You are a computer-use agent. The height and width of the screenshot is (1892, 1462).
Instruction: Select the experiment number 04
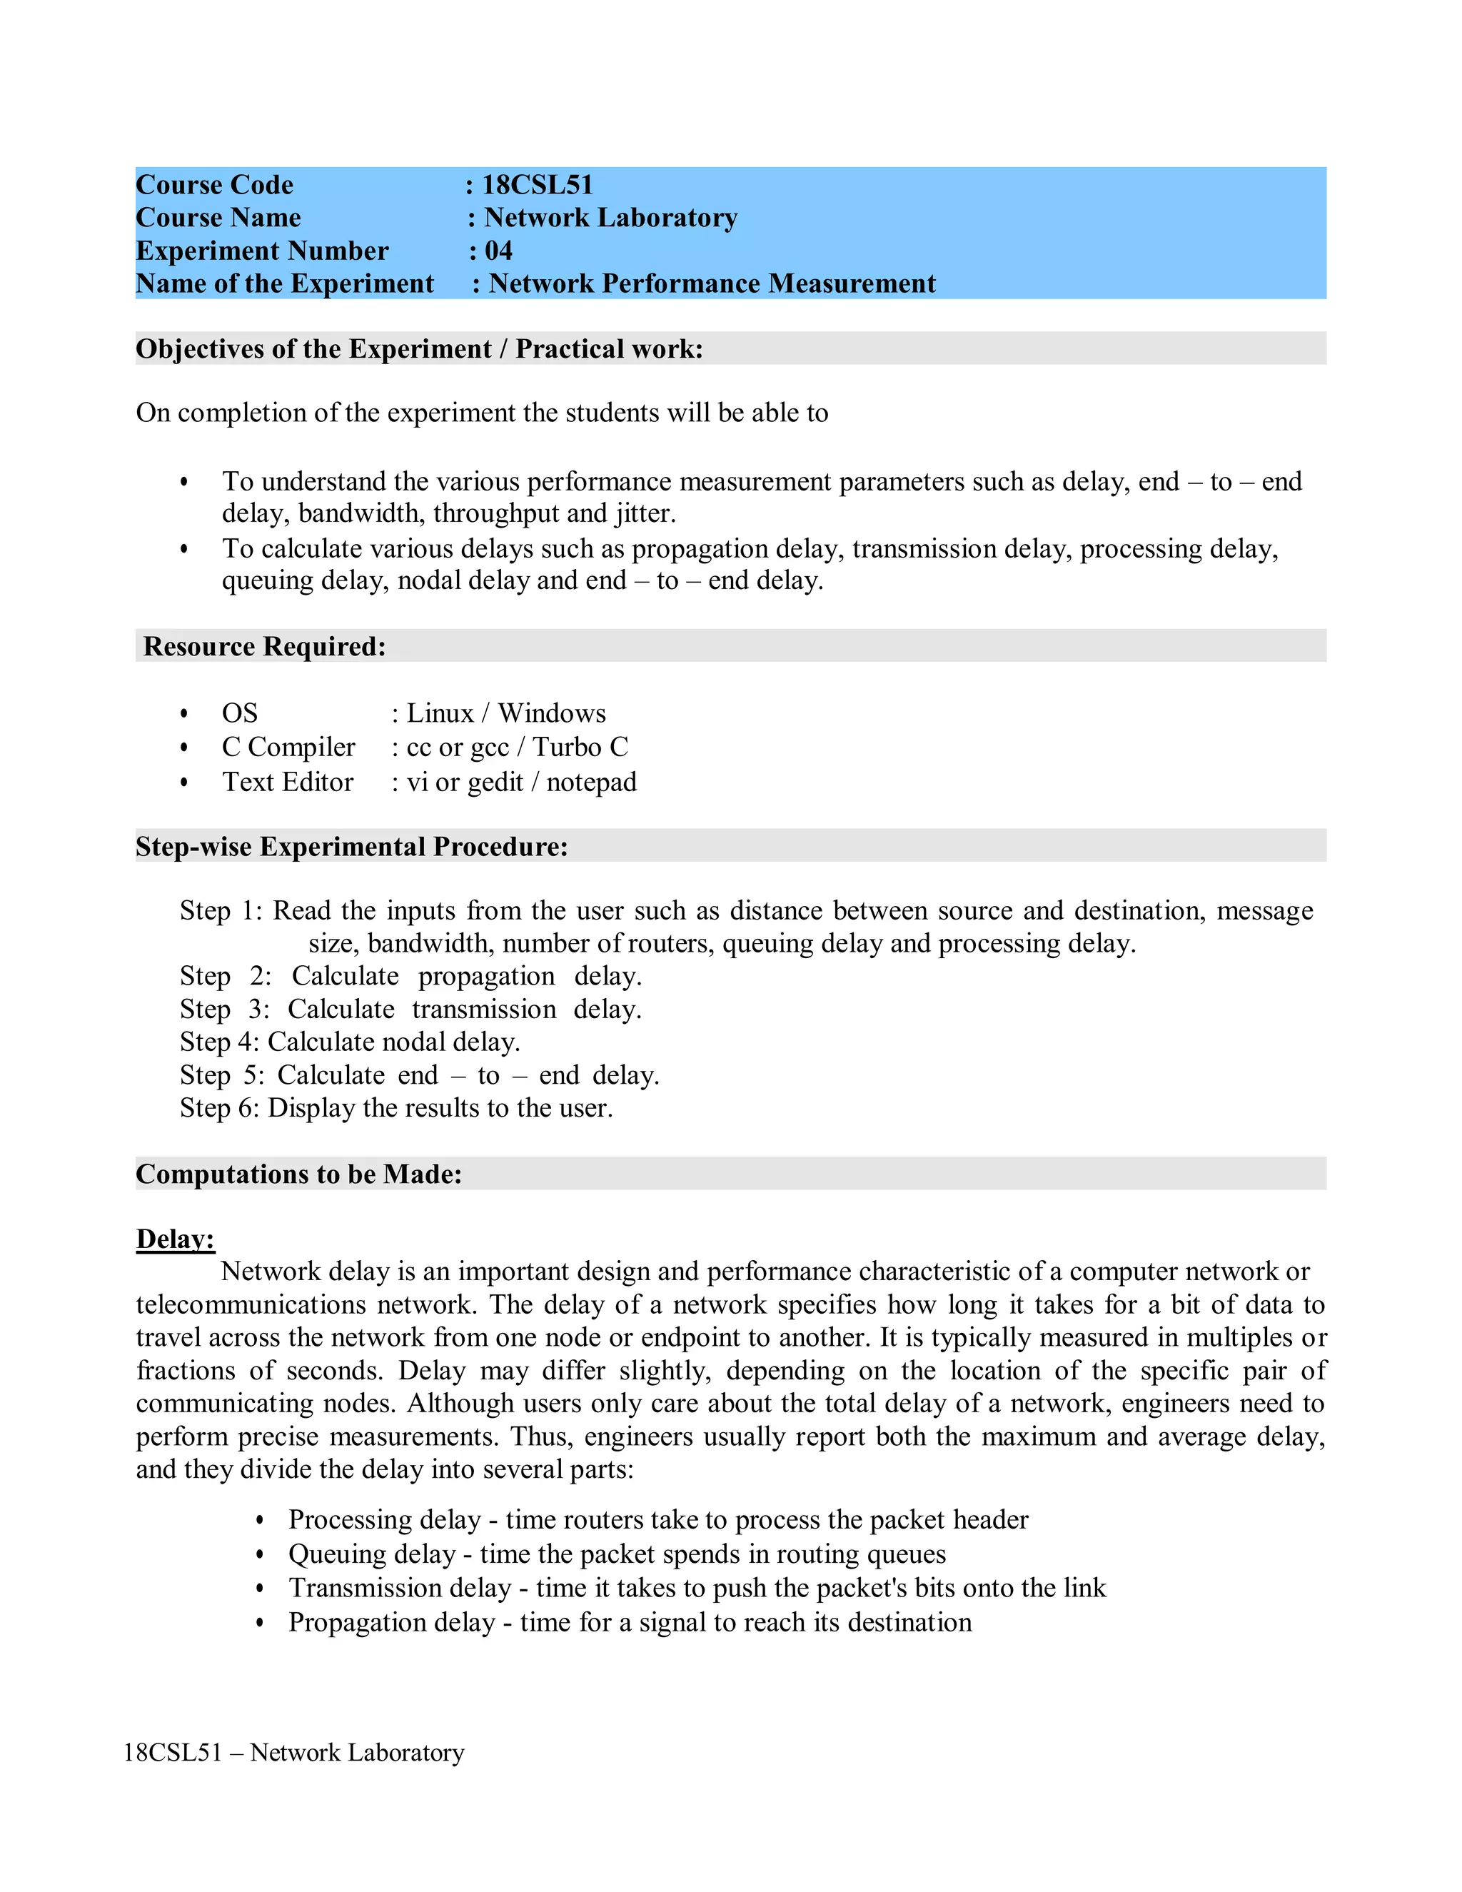pos(498,251)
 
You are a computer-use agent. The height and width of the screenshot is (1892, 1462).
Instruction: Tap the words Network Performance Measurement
pos(712,283)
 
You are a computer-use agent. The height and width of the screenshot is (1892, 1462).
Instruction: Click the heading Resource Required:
pos(264,646)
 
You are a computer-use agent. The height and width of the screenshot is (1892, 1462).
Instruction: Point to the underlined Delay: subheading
pos(175,1239)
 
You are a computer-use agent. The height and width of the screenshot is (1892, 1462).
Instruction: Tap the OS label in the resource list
pos(240,713)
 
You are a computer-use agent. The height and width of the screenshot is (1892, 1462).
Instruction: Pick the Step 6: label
pos(219,1108)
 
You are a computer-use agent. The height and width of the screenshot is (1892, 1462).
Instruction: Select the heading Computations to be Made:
pos(299,1174)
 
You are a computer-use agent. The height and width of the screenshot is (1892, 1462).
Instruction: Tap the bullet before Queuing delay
pos(260,1554)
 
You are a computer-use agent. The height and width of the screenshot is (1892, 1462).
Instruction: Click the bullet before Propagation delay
pos(260,1623)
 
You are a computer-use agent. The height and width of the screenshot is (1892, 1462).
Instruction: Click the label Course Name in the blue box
pos(218,218)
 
